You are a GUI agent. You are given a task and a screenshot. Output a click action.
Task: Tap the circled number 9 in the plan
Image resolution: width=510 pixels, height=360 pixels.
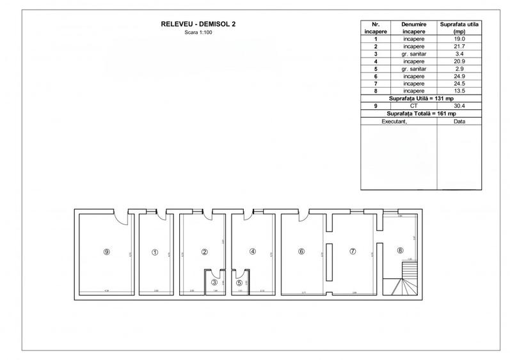click(107, 252)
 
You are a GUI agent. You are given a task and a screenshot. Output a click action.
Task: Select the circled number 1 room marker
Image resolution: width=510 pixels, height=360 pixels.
click(154, 252)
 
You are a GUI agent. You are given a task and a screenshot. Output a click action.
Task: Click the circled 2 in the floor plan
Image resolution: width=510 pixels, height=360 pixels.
click(205, 252)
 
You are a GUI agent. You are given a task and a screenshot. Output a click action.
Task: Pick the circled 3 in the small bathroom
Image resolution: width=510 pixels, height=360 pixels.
click(214, 282)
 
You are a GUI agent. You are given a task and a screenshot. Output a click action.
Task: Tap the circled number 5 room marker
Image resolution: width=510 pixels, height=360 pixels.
click(240, 282)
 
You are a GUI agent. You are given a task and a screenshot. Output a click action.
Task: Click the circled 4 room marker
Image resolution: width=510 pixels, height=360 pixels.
click(253, 252)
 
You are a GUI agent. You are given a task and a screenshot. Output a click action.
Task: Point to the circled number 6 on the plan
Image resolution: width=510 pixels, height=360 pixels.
click(301, 252)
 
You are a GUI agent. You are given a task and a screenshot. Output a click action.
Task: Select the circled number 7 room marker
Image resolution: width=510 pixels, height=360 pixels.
click(352, 252)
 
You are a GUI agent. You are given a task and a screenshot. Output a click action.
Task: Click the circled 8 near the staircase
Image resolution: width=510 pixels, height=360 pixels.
click(401, 250)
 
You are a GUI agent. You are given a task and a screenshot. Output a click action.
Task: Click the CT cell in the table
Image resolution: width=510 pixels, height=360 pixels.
click(414, 106)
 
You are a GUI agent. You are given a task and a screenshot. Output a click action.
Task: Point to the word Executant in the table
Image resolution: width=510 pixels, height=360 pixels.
click(399, 120)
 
